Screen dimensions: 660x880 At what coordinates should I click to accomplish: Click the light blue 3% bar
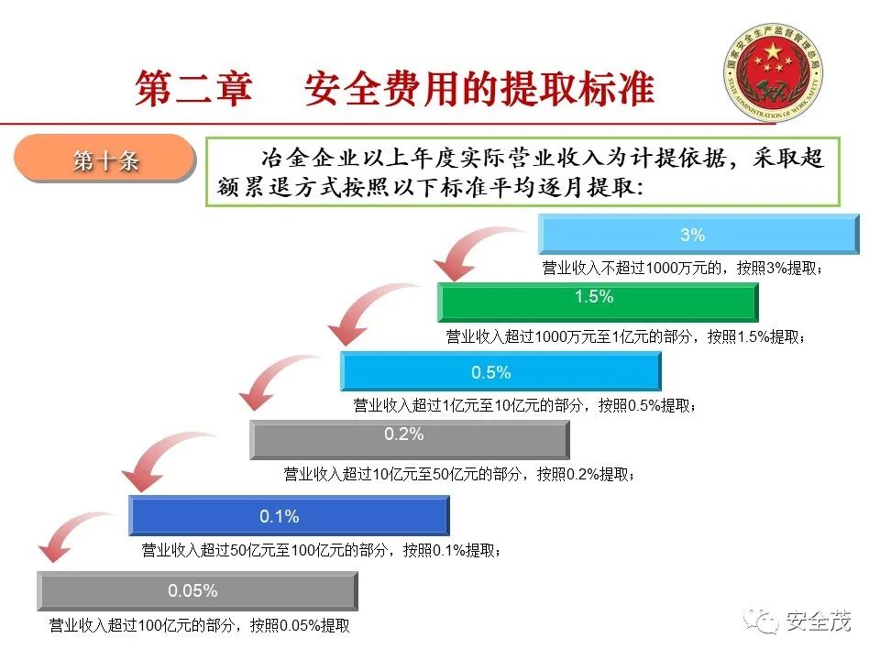[698, 235]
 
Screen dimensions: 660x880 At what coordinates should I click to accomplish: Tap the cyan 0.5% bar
[500, 372]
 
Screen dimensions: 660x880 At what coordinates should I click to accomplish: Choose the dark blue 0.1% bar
[289, 516]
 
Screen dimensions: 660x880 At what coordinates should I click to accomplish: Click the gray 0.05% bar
[197, 591]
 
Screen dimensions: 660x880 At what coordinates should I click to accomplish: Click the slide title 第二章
[193, 88]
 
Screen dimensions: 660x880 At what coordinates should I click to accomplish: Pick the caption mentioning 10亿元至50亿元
[458, 474]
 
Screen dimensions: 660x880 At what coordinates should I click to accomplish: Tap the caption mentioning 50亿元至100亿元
[321, 551]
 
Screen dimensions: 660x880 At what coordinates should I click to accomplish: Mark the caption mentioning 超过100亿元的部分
[199, 626]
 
